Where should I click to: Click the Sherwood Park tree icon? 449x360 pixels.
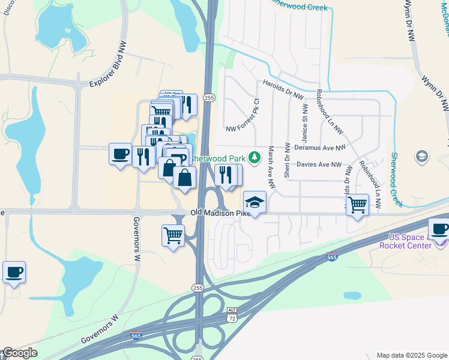click(x=255, y=157)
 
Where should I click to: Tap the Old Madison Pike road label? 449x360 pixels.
click(x=220, y=213)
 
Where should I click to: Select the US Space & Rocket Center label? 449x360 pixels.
click(x=410, y=241)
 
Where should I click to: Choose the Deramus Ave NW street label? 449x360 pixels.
click(x=320, y=147)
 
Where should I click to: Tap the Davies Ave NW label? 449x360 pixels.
click(x=319, y=164)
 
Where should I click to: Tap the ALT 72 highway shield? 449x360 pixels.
click(x=232, y=313)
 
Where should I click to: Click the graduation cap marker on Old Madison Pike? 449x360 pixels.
click(x=255, y=202)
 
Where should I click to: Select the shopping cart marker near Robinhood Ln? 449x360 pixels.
click(x=357, y=205)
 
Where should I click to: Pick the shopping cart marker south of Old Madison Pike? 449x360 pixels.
click(x=173, y=235)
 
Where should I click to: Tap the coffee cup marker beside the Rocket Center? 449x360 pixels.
click(x=439, y=230)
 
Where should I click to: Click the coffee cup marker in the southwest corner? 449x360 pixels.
click(x=14, y=272)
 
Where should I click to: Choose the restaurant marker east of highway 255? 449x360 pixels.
click(x=224, y=175)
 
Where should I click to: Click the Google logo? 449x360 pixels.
click(x=19, y=353)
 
